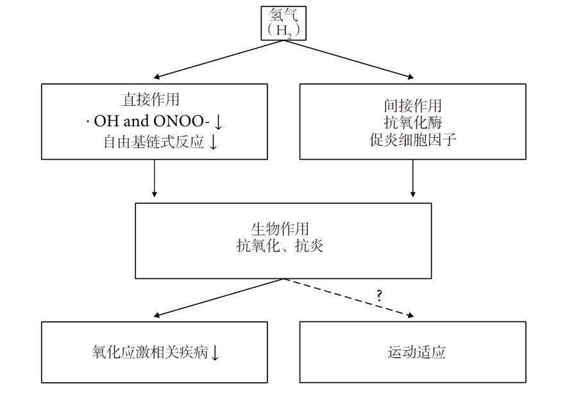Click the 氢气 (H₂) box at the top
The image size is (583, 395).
283,23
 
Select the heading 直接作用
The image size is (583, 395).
151,99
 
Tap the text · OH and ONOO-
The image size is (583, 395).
148,121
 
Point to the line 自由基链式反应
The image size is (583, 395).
154,142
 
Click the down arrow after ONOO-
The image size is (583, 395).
218,121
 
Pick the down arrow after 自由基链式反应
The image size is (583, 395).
213,142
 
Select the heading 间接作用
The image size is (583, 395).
412,106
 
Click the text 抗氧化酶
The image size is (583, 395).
412,122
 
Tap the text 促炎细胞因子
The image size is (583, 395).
412,139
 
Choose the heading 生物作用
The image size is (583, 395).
280,228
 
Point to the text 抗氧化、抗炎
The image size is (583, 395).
280,246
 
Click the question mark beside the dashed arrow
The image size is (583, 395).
379,296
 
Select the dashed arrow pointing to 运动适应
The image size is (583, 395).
349,298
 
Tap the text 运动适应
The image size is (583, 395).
416,352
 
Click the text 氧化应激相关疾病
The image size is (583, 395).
150,352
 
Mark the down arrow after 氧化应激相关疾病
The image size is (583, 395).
215,353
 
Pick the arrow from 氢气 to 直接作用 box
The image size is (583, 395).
219,59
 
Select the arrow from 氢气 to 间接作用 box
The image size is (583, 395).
349,59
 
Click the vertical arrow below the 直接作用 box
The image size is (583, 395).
155,178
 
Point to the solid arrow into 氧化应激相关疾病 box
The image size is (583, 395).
219,298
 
